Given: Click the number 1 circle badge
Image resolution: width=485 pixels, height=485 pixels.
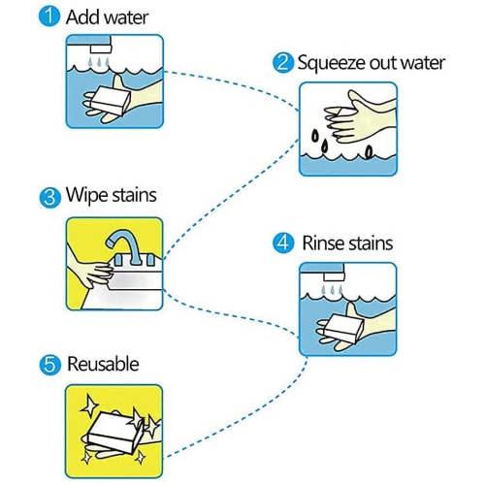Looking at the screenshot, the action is point(49,16).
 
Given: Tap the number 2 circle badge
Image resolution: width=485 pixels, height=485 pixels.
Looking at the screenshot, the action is point(283,63).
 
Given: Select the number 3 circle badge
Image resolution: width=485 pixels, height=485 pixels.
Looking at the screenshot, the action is point(50,197).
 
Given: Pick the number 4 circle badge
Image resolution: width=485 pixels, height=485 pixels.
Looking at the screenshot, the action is point(283,243).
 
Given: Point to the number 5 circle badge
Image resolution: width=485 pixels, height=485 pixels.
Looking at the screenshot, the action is point(50,365).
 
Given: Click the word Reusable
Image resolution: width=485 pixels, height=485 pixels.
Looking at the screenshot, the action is point(103,364).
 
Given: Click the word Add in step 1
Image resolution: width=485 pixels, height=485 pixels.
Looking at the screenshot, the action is point(81,17).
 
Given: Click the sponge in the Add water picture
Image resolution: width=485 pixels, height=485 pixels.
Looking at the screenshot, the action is point(111,100).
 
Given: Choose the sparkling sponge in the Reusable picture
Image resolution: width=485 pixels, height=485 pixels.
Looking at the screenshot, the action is point(115,433).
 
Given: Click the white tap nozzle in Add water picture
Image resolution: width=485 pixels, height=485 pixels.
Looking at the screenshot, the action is point(101,49).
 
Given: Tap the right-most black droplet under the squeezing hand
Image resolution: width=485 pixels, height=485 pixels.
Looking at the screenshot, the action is point(369,151).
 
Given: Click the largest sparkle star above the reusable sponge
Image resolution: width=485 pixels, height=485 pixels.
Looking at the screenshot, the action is point(89,405).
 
